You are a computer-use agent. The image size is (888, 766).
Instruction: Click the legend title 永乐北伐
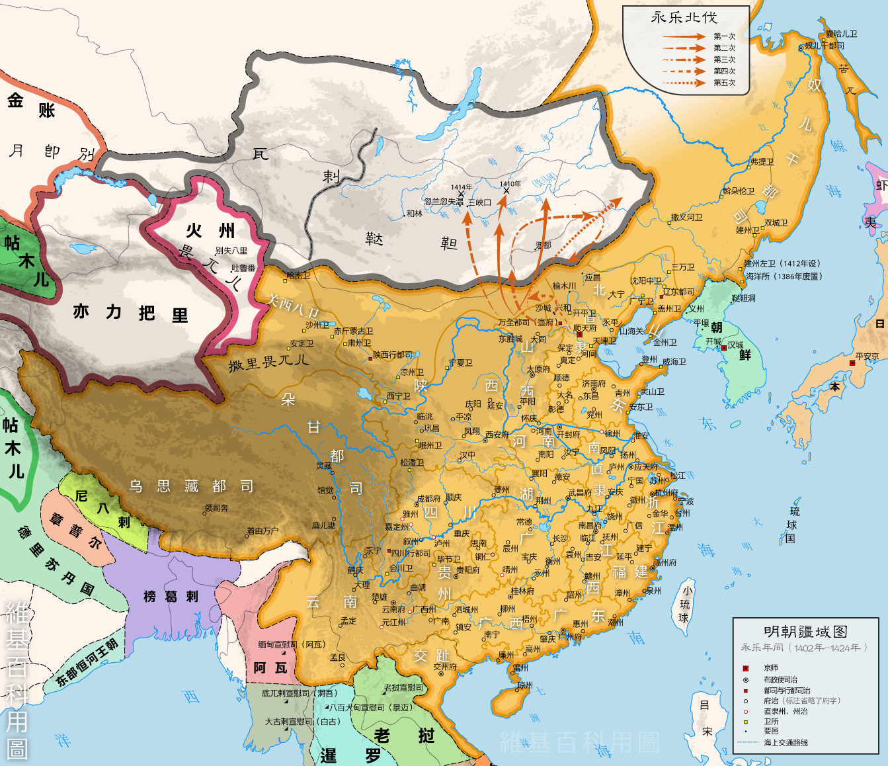click(684, 18)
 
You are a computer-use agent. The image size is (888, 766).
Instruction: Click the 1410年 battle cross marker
click(506, 191)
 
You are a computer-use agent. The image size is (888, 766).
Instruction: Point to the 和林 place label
click(414, 214)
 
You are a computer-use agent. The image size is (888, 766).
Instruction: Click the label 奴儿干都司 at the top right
click(824, 46)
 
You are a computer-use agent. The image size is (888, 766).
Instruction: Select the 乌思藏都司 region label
click(191, 487)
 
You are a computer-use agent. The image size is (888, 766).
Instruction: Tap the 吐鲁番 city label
click(243, 268)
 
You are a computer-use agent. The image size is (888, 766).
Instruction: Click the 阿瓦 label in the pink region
click(270, 668)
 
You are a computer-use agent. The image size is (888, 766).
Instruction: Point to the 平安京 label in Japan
click(867, 357)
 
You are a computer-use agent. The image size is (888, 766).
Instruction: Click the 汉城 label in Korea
click(735, 345)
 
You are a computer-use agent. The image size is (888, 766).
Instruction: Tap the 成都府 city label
click(428, 499)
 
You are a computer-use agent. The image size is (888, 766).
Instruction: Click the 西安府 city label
click(497, 435)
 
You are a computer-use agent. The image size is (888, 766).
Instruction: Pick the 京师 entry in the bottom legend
click(770, 668)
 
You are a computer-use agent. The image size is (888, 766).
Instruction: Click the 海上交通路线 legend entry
click(786, 743)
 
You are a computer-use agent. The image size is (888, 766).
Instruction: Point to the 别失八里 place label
click(231, 251)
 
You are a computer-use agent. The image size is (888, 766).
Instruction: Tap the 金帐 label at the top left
click(30, 105)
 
